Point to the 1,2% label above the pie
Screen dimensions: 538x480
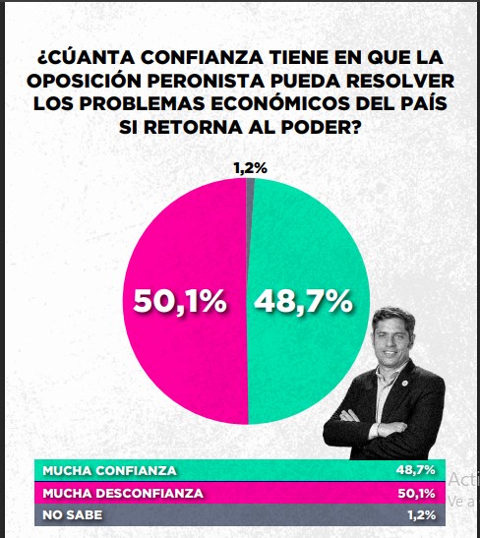[x=250, y=168]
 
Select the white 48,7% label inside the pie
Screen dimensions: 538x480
[x=303, y=302]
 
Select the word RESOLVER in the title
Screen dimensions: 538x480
[x=398, y=79]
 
